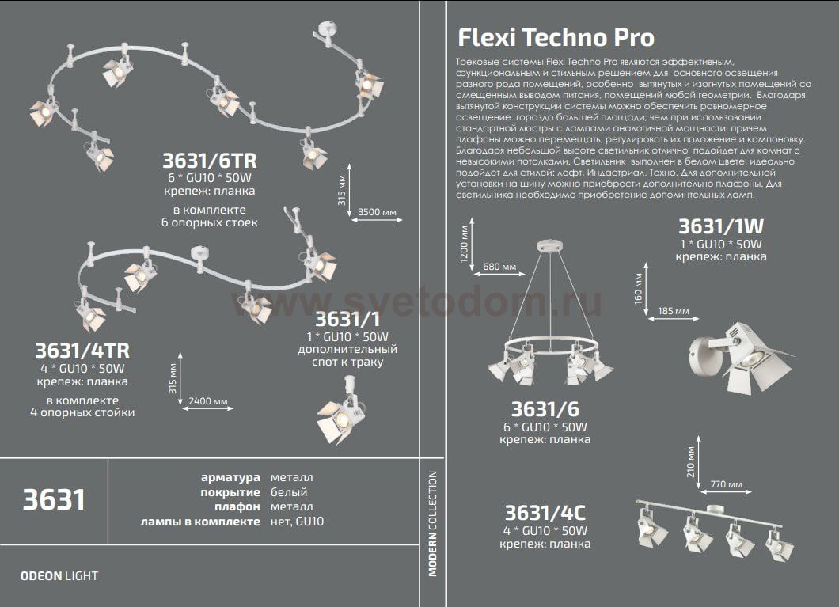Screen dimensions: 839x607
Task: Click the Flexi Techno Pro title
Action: tap(556, 37)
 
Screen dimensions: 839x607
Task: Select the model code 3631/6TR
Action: tap(210, 161)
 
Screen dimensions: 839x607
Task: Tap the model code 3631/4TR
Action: tap(82, 351)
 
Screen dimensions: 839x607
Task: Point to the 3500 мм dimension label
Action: tap(378, 212)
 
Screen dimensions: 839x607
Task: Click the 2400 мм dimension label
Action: tap(208, 401)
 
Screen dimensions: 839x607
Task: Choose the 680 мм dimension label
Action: tap(499, 267)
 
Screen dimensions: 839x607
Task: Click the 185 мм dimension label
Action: tap(674, 311)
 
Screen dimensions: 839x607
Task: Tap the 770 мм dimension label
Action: tap(726, 484)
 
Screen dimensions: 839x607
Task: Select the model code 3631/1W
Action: tap(721, 226)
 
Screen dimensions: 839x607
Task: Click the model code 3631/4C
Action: tap(545, 513)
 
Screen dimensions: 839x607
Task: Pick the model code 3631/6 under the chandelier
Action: tap(545, 409)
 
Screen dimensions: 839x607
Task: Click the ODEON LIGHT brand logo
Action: tap(59, 576)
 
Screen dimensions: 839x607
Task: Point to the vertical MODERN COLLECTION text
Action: tap(432, 523)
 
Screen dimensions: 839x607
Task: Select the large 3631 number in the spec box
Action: tap(54, 500)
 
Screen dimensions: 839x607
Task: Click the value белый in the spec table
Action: tap(289, 492)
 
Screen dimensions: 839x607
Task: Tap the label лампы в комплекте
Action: tap(200, 522)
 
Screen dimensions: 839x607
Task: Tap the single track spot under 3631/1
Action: tap(341, 411)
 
